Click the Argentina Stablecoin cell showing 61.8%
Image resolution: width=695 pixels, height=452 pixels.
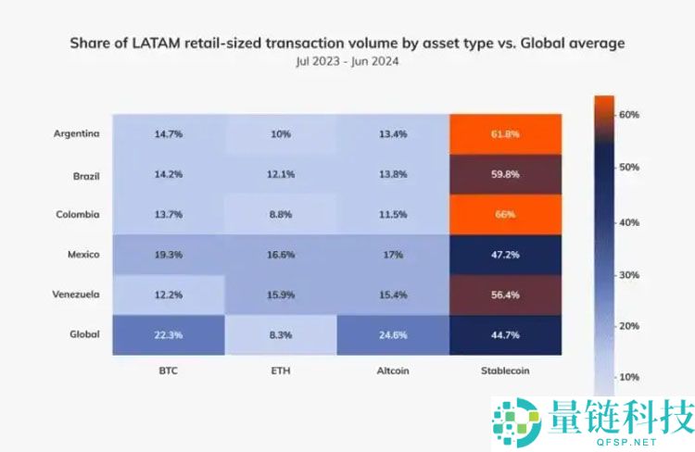pyautogui.click(x=505, y=134)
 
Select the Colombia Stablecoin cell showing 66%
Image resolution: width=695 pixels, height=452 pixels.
pyautogui.click(x=505, y=214)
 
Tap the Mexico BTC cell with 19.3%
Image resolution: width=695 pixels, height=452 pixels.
pyautogui.click(x=169, y=254)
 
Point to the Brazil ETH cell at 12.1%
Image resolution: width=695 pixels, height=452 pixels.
pyautogui.click(x=281, y=174)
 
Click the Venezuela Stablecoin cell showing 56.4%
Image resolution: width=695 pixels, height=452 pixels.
pyautogui.click(x=505, y=295)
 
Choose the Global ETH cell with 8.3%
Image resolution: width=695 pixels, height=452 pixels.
pyautogui.click(x=281, y=334)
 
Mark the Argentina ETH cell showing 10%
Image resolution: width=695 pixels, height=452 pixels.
pyautogui.click(x=281, y=134)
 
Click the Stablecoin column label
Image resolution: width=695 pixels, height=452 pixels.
pyautogui.click(x=505, y=370)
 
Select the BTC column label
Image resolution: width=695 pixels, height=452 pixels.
pyautogui.click(x=169, y=370)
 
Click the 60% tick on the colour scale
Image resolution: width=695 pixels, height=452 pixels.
pyautogui.click(x=629, y=114)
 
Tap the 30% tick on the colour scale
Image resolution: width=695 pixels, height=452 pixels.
pyautogui.click(x=629, y=275)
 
